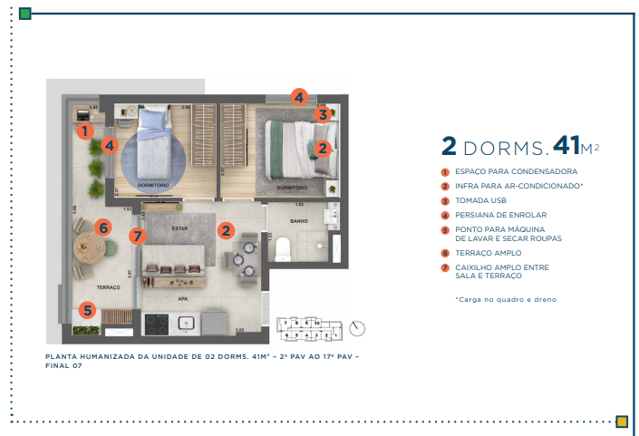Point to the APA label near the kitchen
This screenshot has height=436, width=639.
click(183, 296)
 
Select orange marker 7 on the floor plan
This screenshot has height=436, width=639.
click(137, 237)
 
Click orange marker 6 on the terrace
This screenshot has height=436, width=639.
click(103, 228)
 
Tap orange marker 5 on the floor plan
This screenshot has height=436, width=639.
click(87, 310)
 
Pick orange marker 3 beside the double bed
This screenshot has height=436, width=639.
click(322, 114)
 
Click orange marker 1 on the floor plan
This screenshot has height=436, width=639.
click(85, 131)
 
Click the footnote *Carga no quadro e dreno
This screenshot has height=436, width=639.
click(506, 299)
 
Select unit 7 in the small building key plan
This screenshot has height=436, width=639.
click(286, 322)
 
